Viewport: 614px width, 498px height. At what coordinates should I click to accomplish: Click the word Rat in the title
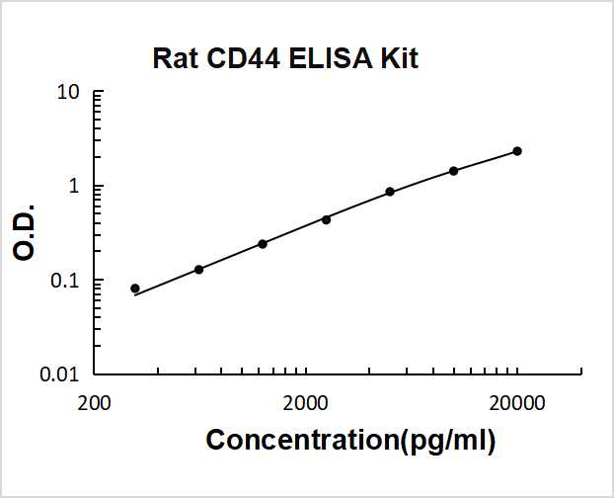coord(175,59)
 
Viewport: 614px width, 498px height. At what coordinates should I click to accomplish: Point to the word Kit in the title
coord(399,59)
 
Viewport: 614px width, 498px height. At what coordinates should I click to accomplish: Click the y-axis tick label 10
coord(68,94)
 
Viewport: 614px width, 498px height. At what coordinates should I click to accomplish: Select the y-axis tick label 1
coord(74,187)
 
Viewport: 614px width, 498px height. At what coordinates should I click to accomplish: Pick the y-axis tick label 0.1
coord(66,281)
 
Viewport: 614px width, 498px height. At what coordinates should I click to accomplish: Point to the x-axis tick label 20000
coord(516,402)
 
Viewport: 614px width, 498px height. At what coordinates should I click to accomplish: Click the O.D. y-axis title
coord(27,233)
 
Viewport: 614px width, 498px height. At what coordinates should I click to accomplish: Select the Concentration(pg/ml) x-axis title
coord(350,440)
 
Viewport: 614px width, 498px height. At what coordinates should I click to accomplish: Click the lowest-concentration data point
coord(135,289)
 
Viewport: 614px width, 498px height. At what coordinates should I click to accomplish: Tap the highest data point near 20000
coord(517,151)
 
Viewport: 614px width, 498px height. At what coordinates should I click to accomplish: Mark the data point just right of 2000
coord(326,219)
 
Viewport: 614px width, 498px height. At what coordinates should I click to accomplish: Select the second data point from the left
coord(198,269)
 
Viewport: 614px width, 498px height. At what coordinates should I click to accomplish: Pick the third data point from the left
coord(263,243)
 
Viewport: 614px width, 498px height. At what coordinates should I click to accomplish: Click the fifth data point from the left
coord(390,192)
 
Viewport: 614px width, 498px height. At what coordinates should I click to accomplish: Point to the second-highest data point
coord(453,171)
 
